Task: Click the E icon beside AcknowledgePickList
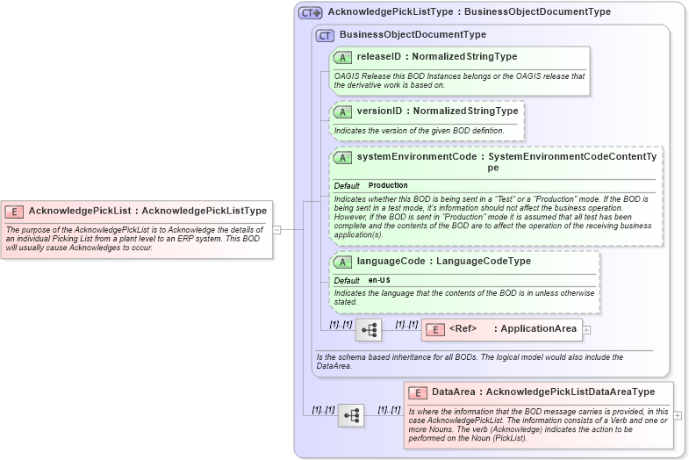pos(14,211)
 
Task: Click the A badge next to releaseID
pos(343,57)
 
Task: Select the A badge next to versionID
pos(343,112)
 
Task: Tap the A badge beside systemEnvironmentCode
pos(343,157)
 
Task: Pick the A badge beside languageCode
pos(343,262)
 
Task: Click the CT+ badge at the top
pos(311,13)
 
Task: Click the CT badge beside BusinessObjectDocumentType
pos(325,35)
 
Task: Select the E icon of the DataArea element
pos(418,392)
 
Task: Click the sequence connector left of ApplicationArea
pos(369,330)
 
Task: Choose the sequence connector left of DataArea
pos(351,415)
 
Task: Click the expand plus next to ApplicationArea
pos(586,330)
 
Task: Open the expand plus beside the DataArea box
pos(677,415)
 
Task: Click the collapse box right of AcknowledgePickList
pos(276,230)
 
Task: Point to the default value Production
pos(388,186)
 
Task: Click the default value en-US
pos(379,280)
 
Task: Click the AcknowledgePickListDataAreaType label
pos(571,392)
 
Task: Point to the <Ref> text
pos(463,329)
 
